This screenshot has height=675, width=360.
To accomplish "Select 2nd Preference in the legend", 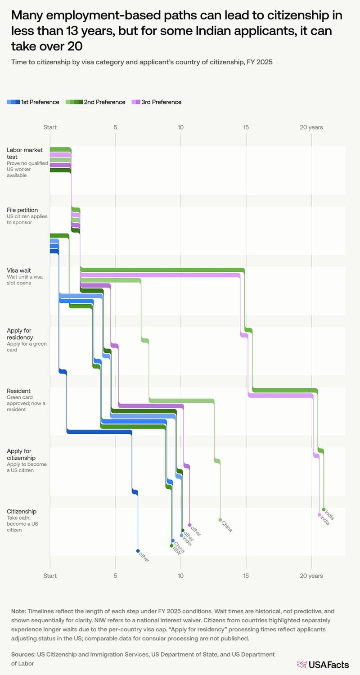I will click(95, 102).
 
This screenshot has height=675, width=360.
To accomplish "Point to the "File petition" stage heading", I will click(22, 210).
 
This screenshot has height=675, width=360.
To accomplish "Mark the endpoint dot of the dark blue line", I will click(138, 550).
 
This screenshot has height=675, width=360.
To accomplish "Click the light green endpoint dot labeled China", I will click(220, 520).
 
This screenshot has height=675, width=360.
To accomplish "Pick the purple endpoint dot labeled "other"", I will click(190, 525).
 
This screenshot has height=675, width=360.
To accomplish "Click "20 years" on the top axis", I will click(311, 127).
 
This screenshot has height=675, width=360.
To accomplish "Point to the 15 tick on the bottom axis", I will click(246, 576).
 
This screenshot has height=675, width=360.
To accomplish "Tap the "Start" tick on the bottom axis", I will click(49, 576).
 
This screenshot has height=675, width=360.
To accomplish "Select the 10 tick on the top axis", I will click(180, 127).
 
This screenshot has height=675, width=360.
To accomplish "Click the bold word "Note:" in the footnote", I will click(19, 611).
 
